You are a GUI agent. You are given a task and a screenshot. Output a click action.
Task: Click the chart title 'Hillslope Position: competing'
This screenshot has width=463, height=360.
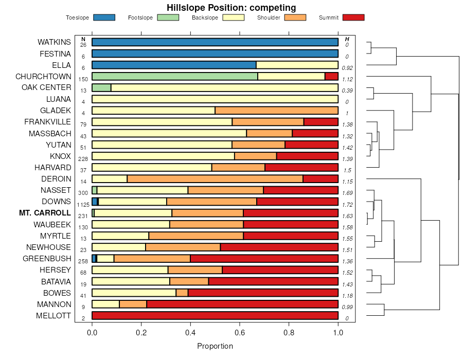[231, 8]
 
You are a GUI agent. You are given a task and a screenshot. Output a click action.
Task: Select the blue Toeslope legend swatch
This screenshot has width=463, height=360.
[104, 17]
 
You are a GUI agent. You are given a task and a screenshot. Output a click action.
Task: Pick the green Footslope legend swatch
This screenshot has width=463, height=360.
[168, 17]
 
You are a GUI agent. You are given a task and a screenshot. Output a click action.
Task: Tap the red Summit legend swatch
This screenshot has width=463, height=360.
[353, 17]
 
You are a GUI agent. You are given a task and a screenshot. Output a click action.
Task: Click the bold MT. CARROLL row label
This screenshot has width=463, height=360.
[45, 213]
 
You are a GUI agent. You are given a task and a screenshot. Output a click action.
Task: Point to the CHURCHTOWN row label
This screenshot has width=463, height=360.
[43, 76]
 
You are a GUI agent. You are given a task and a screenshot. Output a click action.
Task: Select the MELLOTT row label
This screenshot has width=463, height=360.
[54, 316]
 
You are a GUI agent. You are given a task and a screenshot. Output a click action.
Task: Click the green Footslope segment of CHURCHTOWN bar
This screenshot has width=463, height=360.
[174, 76]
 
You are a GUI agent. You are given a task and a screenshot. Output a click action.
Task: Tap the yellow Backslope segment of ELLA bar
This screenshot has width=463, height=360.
[297, 65]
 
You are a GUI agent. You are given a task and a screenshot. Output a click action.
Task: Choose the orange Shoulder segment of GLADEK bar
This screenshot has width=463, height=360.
[276, 111]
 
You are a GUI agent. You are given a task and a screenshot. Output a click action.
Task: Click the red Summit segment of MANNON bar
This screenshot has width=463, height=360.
[242, 304]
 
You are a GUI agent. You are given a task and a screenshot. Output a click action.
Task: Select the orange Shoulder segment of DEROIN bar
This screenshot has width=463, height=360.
[215, 179]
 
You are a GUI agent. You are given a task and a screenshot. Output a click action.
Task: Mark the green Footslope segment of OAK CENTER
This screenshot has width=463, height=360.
[101, 87]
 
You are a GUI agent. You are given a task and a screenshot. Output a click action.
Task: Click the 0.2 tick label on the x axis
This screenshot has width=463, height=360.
[141, 333]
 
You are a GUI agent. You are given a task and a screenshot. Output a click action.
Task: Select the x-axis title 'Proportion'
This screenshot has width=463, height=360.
[215, 346]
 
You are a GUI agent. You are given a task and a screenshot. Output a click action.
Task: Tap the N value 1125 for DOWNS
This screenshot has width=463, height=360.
[83, 205]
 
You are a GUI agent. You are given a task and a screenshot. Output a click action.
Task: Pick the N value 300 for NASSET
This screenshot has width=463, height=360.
[83, 193]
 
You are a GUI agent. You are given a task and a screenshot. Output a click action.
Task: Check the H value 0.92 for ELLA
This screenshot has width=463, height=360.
[347, 68]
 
